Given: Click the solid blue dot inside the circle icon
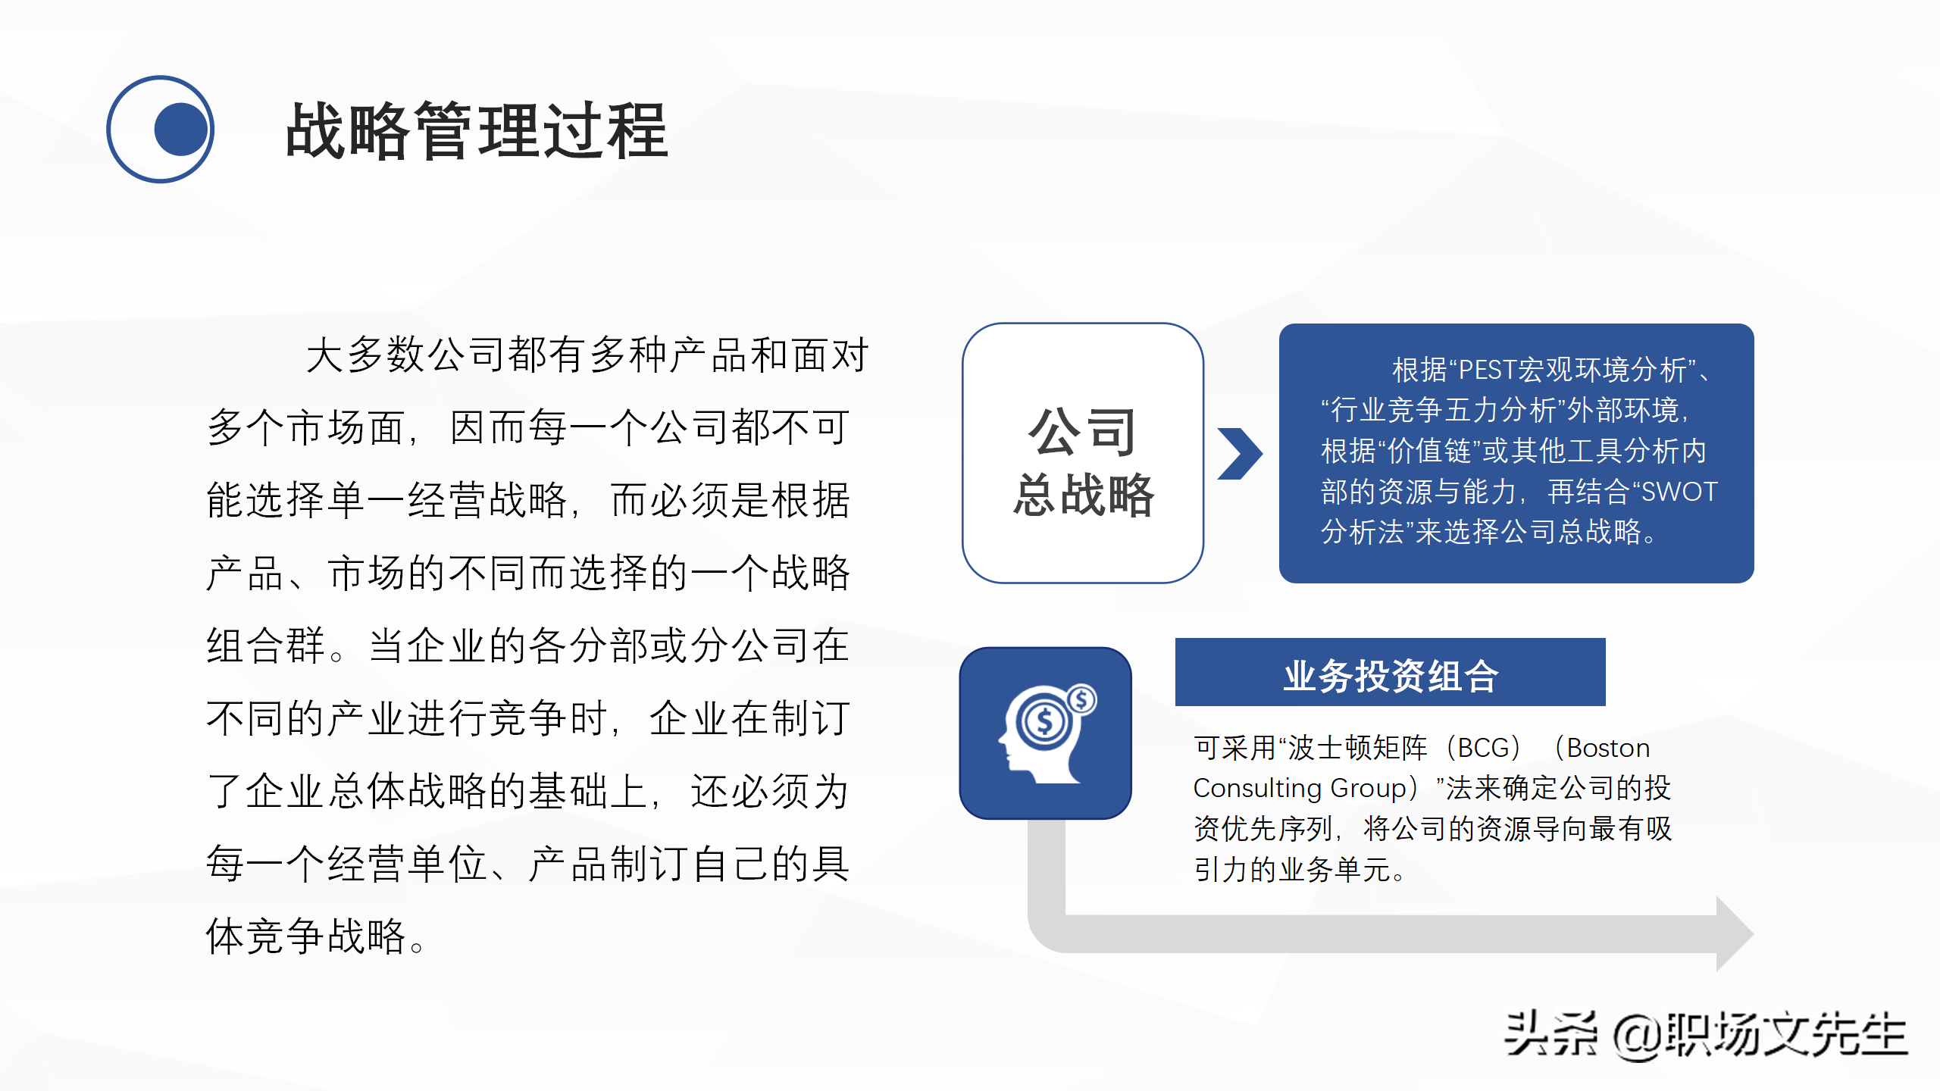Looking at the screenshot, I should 180,130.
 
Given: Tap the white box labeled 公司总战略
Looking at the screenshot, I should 1082,453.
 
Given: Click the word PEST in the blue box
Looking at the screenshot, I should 1486,370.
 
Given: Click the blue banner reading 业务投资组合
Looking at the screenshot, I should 1390,674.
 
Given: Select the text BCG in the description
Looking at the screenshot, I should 1484,749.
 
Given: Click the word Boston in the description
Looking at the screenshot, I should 1608,749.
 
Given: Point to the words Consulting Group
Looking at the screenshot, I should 1300,789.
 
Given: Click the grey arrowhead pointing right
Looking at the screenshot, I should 1734,933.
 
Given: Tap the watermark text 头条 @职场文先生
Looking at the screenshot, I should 1705,1035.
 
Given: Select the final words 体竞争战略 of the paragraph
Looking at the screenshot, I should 307,936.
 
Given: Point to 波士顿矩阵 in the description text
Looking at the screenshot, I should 1357,749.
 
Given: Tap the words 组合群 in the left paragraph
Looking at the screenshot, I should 265,646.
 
